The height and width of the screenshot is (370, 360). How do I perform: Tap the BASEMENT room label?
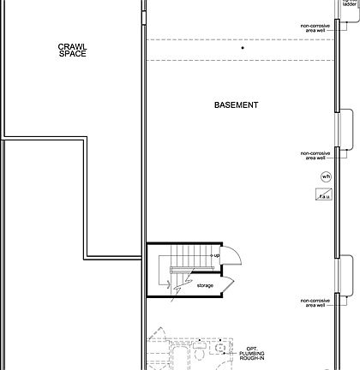coord(237,105)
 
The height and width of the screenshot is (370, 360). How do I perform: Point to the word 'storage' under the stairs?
coord(205,285)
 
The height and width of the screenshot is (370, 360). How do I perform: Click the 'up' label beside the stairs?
coord(216,255)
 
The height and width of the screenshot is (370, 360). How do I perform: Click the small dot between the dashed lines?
coord(243,49)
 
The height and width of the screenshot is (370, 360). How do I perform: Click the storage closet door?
coord(225,283)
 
